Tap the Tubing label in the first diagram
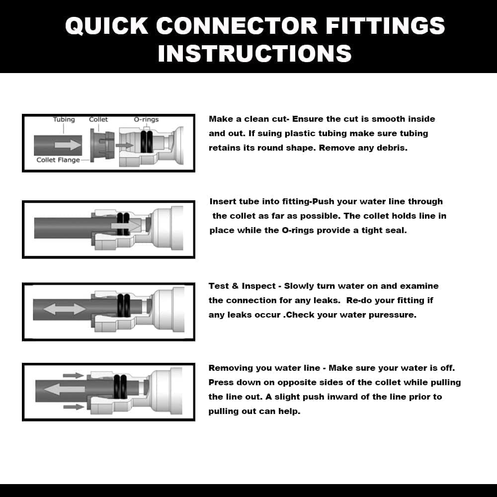(64, 120)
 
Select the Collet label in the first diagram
(98, 120)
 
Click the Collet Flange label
(58, 160)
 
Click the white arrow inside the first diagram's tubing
(68, 145)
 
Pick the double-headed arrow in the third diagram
(65, 309)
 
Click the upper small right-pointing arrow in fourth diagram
(74, 375)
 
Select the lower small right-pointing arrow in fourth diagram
(74, 407)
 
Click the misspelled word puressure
(392, 315)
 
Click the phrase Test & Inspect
(242, 286)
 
